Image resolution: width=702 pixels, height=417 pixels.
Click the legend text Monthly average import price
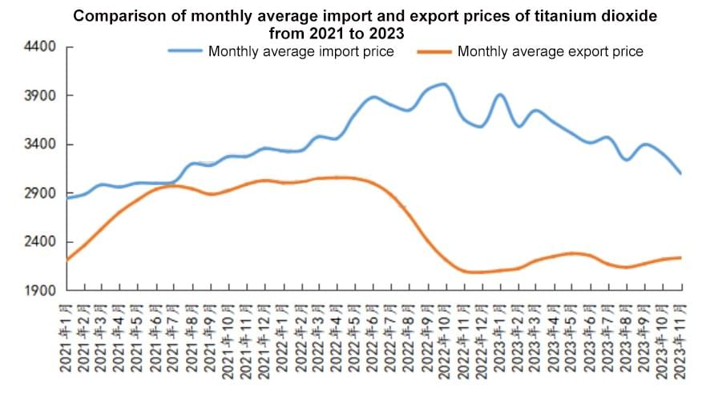pos(301,52)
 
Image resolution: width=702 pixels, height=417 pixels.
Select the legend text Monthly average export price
pos(550,52)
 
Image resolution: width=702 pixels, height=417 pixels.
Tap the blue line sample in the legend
pos(185,52)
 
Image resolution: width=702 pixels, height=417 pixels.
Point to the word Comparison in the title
pos(113,16)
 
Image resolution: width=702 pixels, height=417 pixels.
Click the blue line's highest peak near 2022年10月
pos(443,84)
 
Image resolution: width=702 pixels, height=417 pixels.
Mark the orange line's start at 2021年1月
pos(67,260)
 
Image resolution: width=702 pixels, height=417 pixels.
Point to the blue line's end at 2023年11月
pos(680,173)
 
